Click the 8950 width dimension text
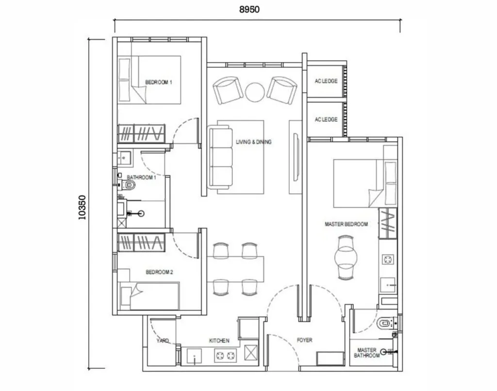pos(257,9)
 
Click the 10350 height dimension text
pos(82,208)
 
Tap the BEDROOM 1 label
pos(159,82)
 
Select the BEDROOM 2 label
pos(160,273)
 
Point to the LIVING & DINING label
pos(254,142)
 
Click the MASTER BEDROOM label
pos(346,225)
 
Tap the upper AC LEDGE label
pos(326,81)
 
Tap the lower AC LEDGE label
pos(326,119)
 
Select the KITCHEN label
pos(219,341)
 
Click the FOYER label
pos(304,341)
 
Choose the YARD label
pos(163,341)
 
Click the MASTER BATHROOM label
pos(367,353)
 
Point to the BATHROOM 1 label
pos(141,178)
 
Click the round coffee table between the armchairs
pos(254,91)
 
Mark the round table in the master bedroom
pos(346,255)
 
